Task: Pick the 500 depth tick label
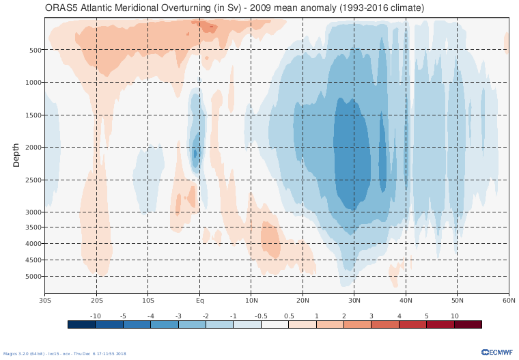pos(36,50)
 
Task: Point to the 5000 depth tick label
pos(34,277)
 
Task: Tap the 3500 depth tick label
pos(34,227)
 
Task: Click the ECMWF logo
pos(497,352)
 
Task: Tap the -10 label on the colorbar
pos(96,316)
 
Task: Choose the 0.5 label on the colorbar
pos(288,316)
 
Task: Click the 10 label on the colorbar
pos(454,316)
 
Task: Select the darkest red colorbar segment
pos(468,324)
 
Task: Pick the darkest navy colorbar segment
pos(81,324)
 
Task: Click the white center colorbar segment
pos(275,324)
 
